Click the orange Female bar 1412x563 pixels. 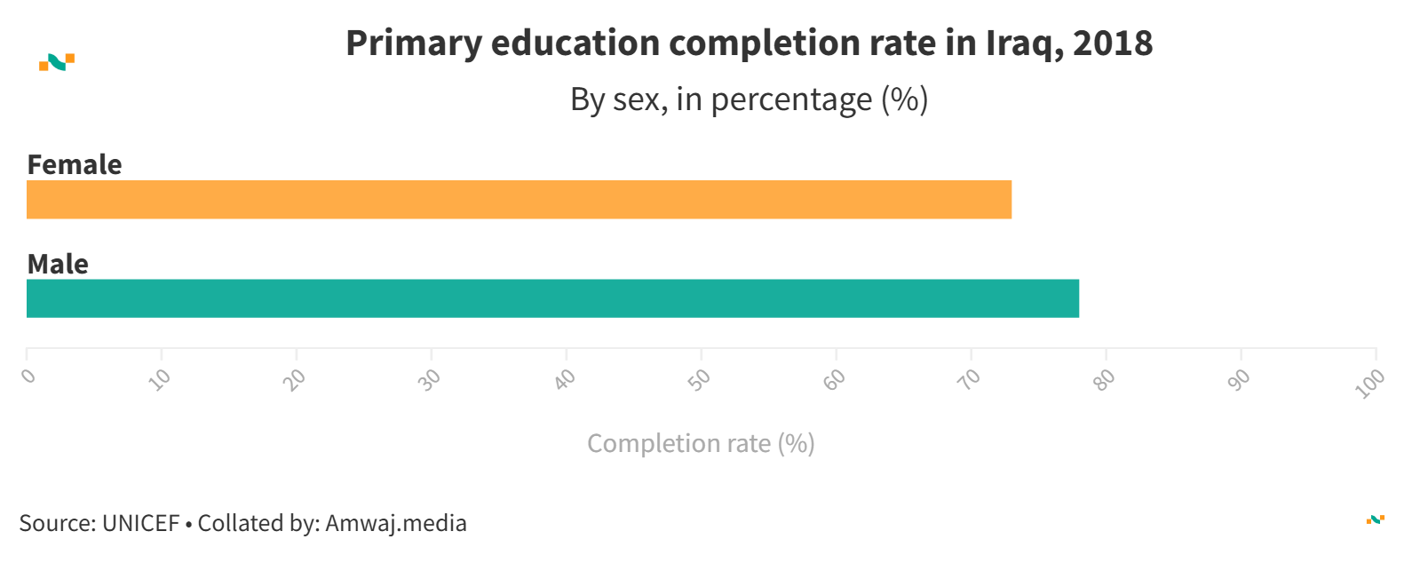click(x=519, y=200)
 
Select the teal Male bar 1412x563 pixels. click(x=552, y=298)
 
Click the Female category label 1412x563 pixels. click(x=75, y=165)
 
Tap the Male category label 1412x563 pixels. click(x=58, y=265)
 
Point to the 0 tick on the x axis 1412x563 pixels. click(x=29, y=376)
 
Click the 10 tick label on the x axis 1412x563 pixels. click(x=161, y=379)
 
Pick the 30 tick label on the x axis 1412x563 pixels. click(x=431, y=379)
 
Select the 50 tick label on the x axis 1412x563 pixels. click(x=701, y=379)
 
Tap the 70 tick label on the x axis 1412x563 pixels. click(x=971, y=379)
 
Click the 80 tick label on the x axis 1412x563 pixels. click(x=1105, y=379)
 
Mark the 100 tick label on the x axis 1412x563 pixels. click(x=1370, y=383)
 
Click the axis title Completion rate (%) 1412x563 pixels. click(x=701, y=443)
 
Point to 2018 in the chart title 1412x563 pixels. click(x=1113, y=44)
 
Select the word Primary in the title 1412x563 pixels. click(x=414, y=44)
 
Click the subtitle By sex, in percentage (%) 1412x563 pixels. click(x=749, y=99)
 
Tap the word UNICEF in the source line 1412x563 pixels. click(x=141, y=523)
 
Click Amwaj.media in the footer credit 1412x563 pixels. click(x=396, y=523)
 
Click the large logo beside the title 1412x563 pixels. click(x=57, y=62)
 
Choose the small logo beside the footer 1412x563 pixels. click(x=1376, y=519)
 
